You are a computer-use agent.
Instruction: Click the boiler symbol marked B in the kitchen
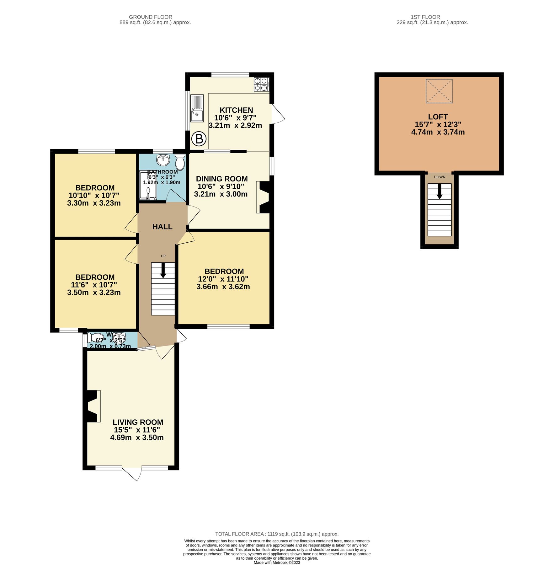[x=199, y=139]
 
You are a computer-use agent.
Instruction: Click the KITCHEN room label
[x=236, y=110]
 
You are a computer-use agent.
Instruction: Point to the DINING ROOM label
[x=222, y=179]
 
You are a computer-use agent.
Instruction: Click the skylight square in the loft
[x=439, y=91]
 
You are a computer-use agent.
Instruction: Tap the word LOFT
[x=438, y=117]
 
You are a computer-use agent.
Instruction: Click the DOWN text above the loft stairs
[x=439, y=177]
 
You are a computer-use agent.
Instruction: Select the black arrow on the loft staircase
[x=439, y=191]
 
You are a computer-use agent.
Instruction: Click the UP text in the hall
[x=163, y=256]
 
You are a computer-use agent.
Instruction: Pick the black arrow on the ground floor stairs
[x=163, y=270]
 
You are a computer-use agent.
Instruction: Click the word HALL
[x=162, y=227]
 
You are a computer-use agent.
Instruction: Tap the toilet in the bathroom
[x=180, y=162]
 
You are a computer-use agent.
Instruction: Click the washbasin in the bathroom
[x=163, y=160]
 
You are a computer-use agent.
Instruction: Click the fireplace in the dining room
[x=264, y=197]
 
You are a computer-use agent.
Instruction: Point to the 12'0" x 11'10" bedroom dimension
[x=223, y=279]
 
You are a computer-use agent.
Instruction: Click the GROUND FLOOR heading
[x=151, y=17]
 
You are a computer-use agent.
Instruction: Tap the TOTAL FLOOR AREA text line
[x=277, y=534]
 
